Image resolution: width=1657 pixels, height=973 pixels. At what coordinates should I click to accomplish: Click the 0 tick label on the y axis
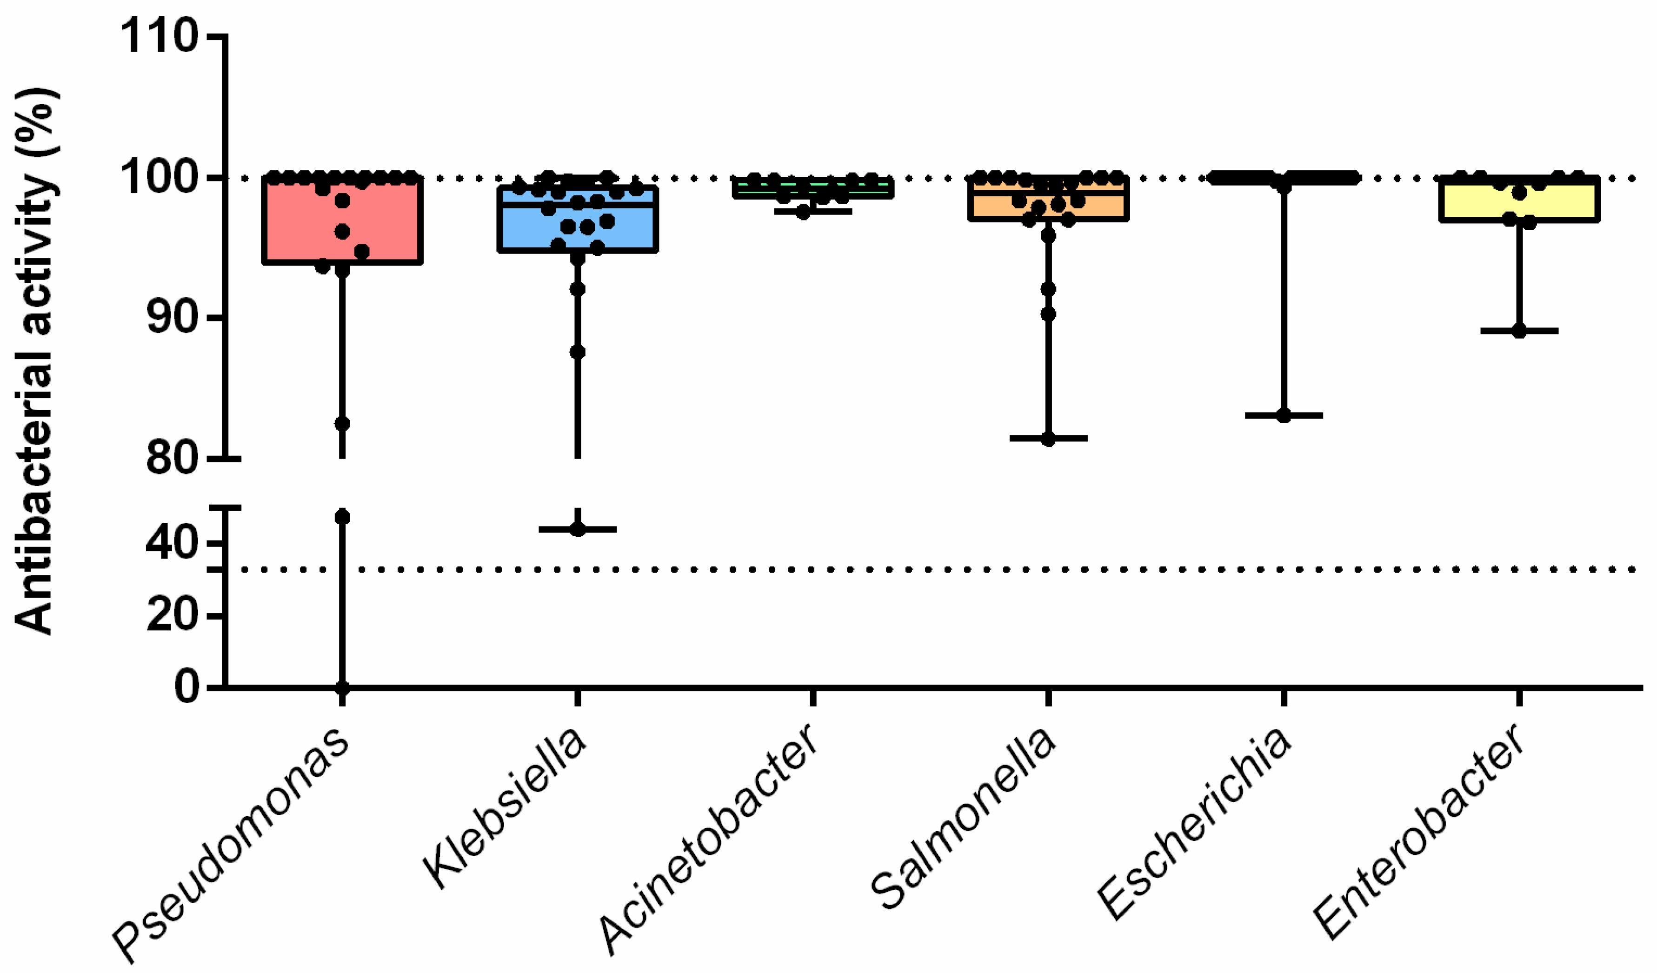[x=187, y=688]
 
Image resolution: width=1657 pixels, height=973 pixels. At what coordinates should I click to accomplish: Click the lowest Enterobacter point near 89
[x=1519, y=331]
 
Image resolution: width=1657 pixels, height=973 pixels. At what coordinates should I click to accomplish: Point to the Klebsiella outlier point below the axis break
[x=577, y=529]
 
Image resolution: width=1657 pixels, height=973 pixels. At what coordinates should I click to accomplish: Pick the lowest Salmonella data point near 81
[x=1049, y=439]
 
